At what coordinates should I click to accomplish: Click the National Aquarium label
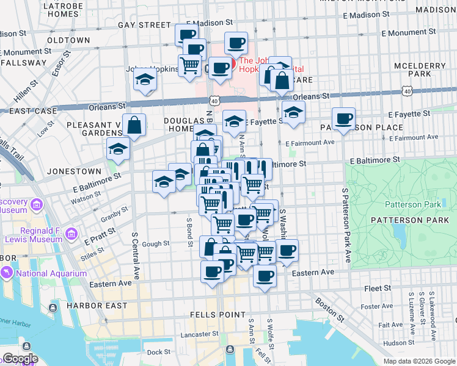click(51, 274)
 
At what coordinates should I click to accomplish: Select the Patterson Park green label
click(408, 204)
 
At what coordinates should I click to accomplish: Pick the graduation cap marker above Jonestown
click(119, 149)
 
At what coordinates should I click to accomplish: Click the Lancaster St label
click(199, 334)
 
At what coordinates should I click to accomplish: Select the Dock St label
click(159, 352)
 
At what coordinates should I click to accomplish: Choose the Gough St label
click(156, 243)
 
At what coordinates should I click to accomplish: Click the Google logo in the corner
click(20, 359)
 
